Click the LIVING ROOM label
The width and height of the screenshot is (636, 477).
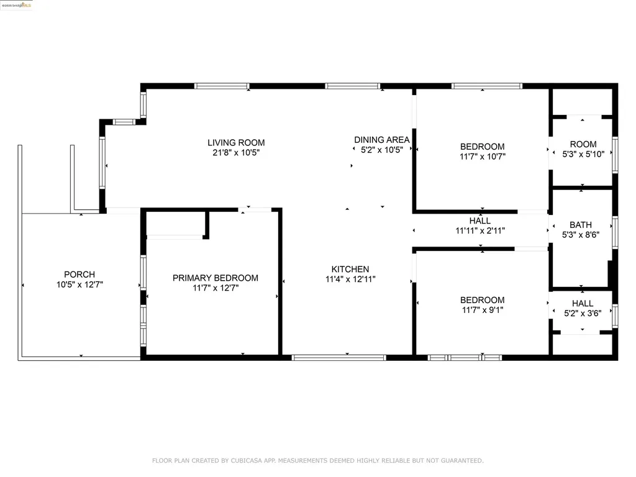[236, 143]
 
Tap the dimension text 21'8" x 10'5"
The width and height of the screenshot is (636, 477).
[236, 152]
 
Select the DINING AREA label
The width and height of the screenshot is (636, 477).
[381, 140]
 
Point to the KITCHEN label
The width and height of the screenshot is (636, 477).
[350, 269]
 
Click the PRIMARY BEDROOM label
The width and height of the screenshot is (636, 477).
[216, 278]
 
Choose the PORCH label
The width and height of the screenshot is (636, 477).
[79, 275]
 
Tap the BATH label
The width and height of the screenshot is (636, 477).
[581, 225]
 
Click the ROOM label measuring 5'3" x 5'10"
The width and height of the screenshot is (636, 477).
[583, 144]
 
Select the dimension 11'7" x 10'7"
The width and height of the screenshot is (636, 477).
[483, 157]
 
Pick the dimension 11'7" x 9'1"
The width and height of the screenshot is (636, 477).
[483, 309]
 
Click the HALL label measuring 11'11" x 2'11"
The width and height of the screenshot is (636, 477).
[480, 220]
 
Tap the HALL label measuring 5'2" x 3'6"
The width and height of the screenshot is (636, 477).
[582, 303]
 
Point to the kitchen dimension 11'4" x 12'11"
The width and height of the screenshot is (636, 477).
[350, 279]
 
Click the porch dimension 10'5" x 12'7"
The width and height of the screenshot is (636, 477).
[79, 284]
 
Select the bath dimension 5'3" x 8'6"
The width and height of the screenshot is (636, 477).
[581, 235]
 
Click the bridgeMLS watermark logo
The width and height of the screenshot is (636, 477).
[17, 5]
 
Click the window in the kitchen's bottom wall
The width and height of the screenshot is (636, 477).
[339, 357]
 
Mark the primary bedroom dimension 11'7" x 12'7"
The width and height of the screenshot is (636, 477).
[216, 288]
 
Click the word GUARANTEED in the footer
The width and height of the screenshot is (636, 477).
[460, 461]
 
